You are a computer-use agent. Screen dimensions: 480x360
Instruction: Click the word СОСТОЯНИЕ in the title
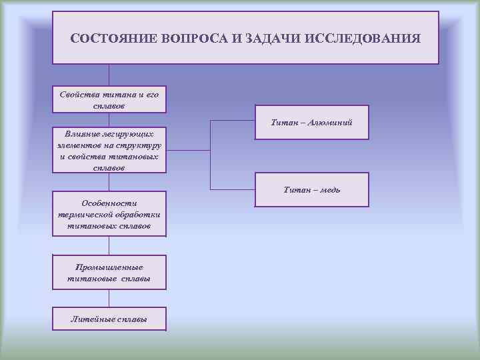[x=107, y=38]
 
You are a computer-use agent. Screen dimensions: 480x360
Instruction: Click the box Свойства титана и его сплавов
[x=109, y=99]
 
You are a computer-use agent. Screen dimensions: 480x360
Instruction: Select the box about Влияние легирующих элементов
[x=109, y=150]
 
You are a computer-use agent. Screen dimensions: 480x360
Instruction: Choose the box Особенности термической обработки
[x=109, y=214]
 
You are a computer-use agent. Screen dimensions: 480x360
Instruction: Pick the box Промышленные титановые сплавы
[x=109, y=272]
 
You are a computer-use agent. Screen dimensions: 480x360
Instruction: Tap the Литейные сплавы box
[x=109, y=319]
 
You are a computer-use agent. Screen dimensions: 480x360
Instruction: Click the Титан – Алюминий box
[x=311, y=122]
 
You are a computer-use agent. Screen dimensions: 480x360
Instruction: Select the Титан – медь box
[x=311, y=189]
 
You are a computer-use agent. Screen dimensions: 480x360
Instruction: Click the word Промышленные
[x=109, y=267]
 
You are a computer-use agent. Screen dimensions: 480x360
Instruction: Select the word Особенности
[x=109, y=202]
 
